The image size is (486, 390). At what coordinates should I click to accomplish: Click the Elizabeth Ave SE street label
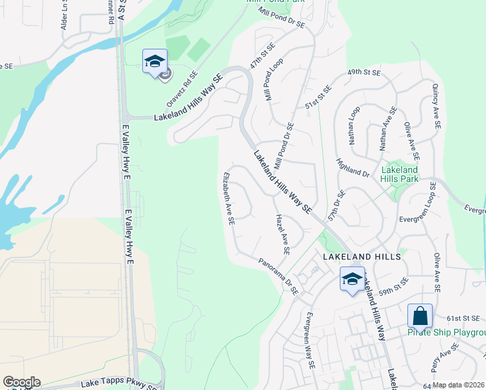[x=228, y=198]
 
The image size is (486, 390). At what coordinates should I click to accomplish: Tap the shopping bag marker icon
[x=420, y=317]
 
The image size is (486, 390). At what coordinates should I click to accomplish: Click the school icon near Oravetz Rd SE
[x=155, y=62]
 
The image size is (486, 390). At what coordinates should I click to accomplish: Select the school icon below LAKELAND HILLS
[x=352, y=279]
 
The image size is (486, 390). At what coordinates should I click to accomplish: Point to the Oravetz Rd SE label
[x=181, y=90]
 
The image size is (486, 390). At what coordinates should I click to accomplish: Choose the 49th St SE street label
[x=363, y=72]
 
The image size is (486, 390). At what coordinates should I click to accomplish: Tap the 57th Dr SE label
[x=335, y=206]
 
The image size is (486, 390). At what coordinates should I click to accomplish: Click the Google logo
[x=21, y=382]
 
